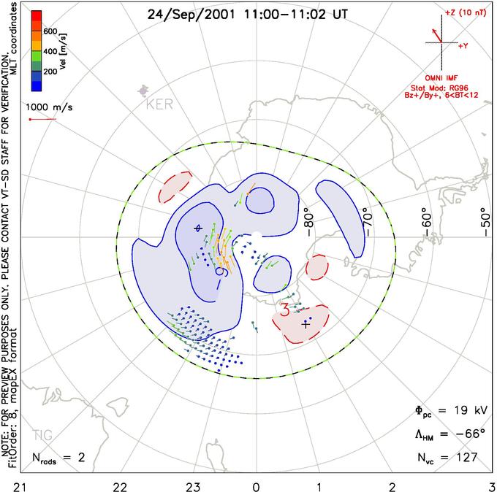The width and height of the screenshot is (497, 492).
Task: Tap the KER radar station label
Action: pyautogui.click(x=160, y=104)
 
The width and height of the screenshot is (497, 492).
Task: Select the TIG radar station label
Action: pyautogui.click(x=42, y=435)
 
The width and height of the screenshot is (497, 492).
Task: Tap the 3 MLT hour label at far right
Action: pyautogui.click(x=492, y=484)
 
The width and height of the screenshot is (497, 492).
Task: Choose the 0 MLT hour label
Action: pyautogui.click(x=256, y=484)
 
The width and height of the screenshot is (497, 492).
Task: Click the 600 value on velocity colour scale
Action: pyautogui.click(x=50, y=31)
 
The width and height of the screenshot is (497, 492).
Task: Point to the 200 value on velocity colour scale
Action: pyautogui.click(x=50, y=72)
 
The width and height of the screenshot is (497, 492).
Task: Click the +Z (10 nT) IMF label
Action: pyautogui.click(x=462, y=14)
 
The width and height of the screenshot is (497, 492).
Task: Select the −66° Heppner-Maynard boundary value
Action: pyautogui.click(x=467, y=434)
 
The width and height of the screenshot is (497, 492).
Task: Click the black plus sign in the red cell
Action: pyautogui.click(x=306, y=325)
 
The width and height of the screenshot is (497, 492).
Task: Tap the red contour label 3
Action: pyautogui.click(x=285, y=310)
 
